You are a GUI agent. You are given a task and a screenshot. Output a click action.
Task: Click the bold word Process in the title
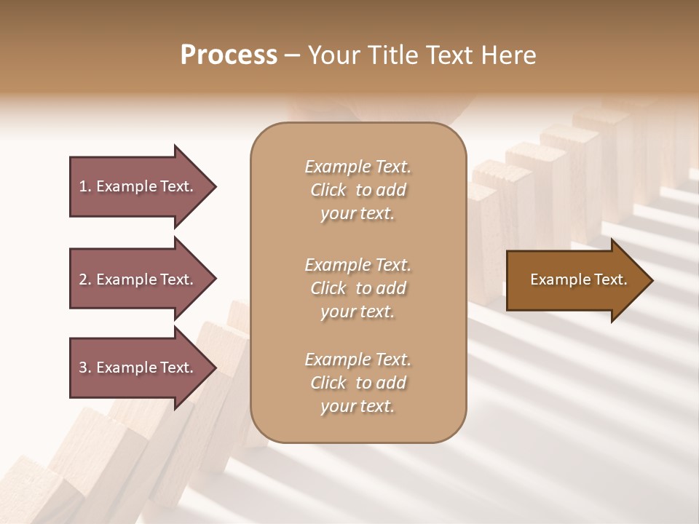229,55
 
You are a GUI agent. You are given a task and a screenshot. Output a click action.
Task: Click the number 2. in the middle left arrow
85,279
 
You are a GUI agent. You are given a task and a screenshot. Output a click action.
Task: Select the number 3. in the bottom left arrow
85,368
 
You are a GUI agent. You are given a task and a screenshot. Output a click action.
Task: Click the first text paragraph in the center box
358,190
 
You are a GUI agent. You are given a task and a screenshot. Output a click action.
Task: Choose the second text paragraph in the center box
358,287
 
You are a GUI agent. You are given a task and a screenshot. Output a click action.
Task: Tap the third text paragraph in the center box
358,383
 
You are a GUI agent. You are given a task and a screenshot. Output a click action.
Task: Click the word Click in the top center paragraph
328,190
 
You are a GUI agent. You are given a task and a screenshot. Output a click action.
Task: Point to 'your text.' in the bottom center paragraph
358,406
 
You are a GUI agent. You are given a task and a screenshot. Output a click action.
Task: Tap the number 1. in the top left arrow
85,186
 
